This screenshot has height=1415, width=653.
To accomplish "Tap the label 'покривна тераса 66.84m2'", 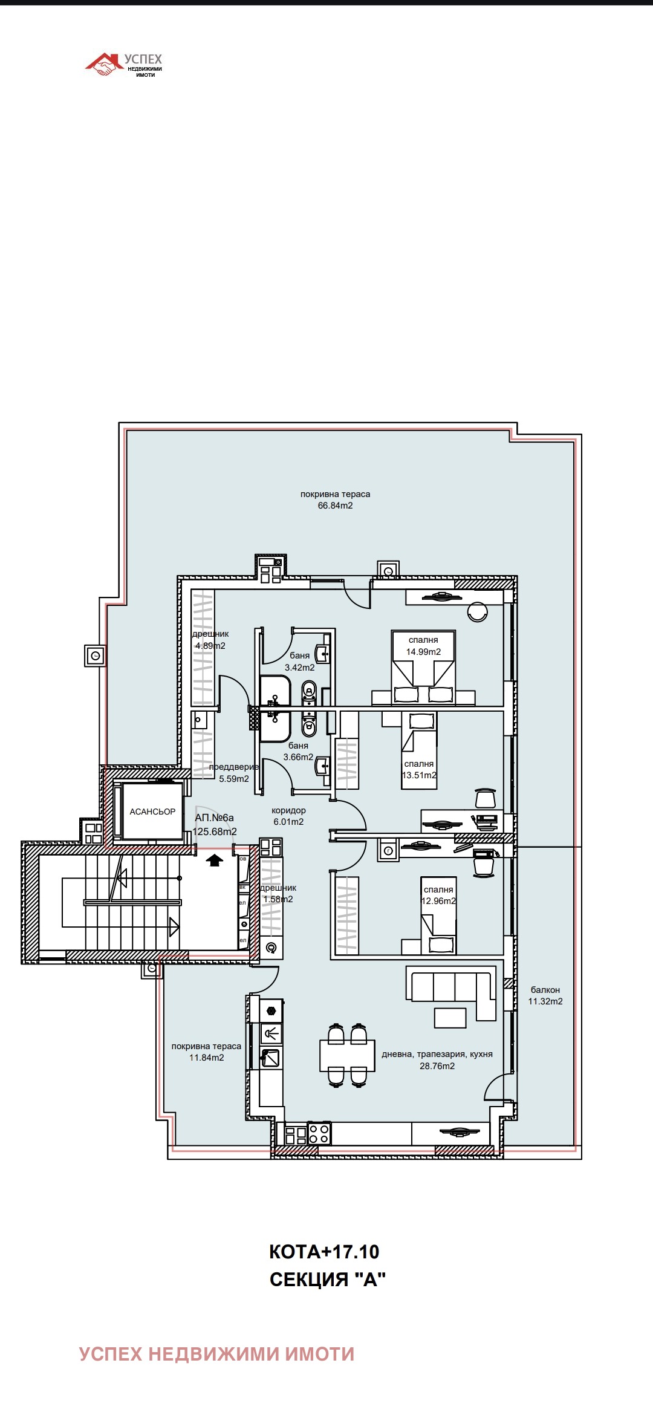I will point(335,499).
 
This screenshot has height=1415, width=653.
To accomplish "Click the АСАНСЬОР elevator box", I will point(152,812).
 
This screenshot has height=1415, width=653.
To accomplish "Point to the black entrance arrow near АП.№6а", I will point(214,860).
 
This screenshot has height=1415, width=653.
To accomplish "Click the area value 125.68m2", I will point(215,831).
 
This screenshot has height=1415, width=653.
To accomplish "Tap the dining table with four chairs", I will point(347,1055).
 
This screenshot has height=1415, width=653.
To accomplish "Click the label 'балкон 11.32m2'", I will point(545,995).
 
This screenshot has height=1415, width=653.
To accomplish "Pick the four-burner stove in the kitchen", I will point(319,1134).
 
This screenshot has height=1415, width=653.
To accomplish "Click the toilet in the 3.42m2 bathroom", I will point(309,692).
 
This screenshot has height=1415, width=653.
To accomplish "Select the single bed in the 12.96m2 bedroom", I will point(438,916).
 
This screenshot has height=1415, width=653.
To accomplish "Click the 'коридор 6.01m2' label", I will point(288,816).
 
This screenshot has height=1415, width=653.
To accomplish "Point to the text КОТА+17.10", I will point(323,1252).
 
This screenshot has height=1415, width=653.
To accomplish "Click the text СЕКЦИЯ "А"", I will point(327,1280).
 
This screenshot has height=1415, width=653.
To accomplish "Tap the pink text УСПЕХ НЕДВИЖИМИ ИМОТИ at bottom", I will point(216,1354).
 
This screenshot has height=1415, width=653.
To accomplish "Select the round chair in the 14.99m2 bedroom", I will point(478,612).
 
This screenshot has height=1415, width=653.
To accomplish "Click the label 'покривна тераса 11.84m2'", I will point(206,1052).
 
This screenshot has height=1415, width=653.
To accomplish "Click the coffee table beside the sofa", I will point(450,1018).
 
